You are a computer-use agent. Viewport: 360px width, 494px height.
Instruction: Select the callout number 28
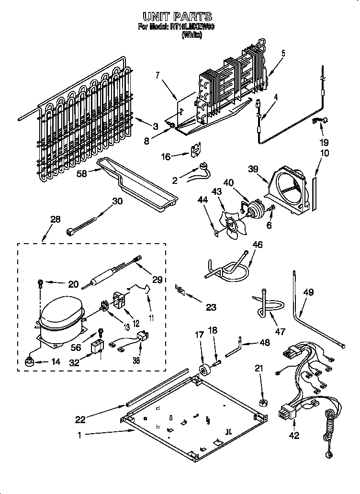[55, 219]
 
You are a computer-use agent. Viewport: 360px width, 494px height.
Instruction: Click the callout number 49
[308, 292]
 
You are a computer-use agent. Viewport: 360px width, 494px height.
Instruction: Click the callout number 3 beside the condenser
[155, 126]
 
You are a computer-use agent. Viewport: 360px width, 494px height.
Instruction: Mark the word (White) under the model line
[191, 35]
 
